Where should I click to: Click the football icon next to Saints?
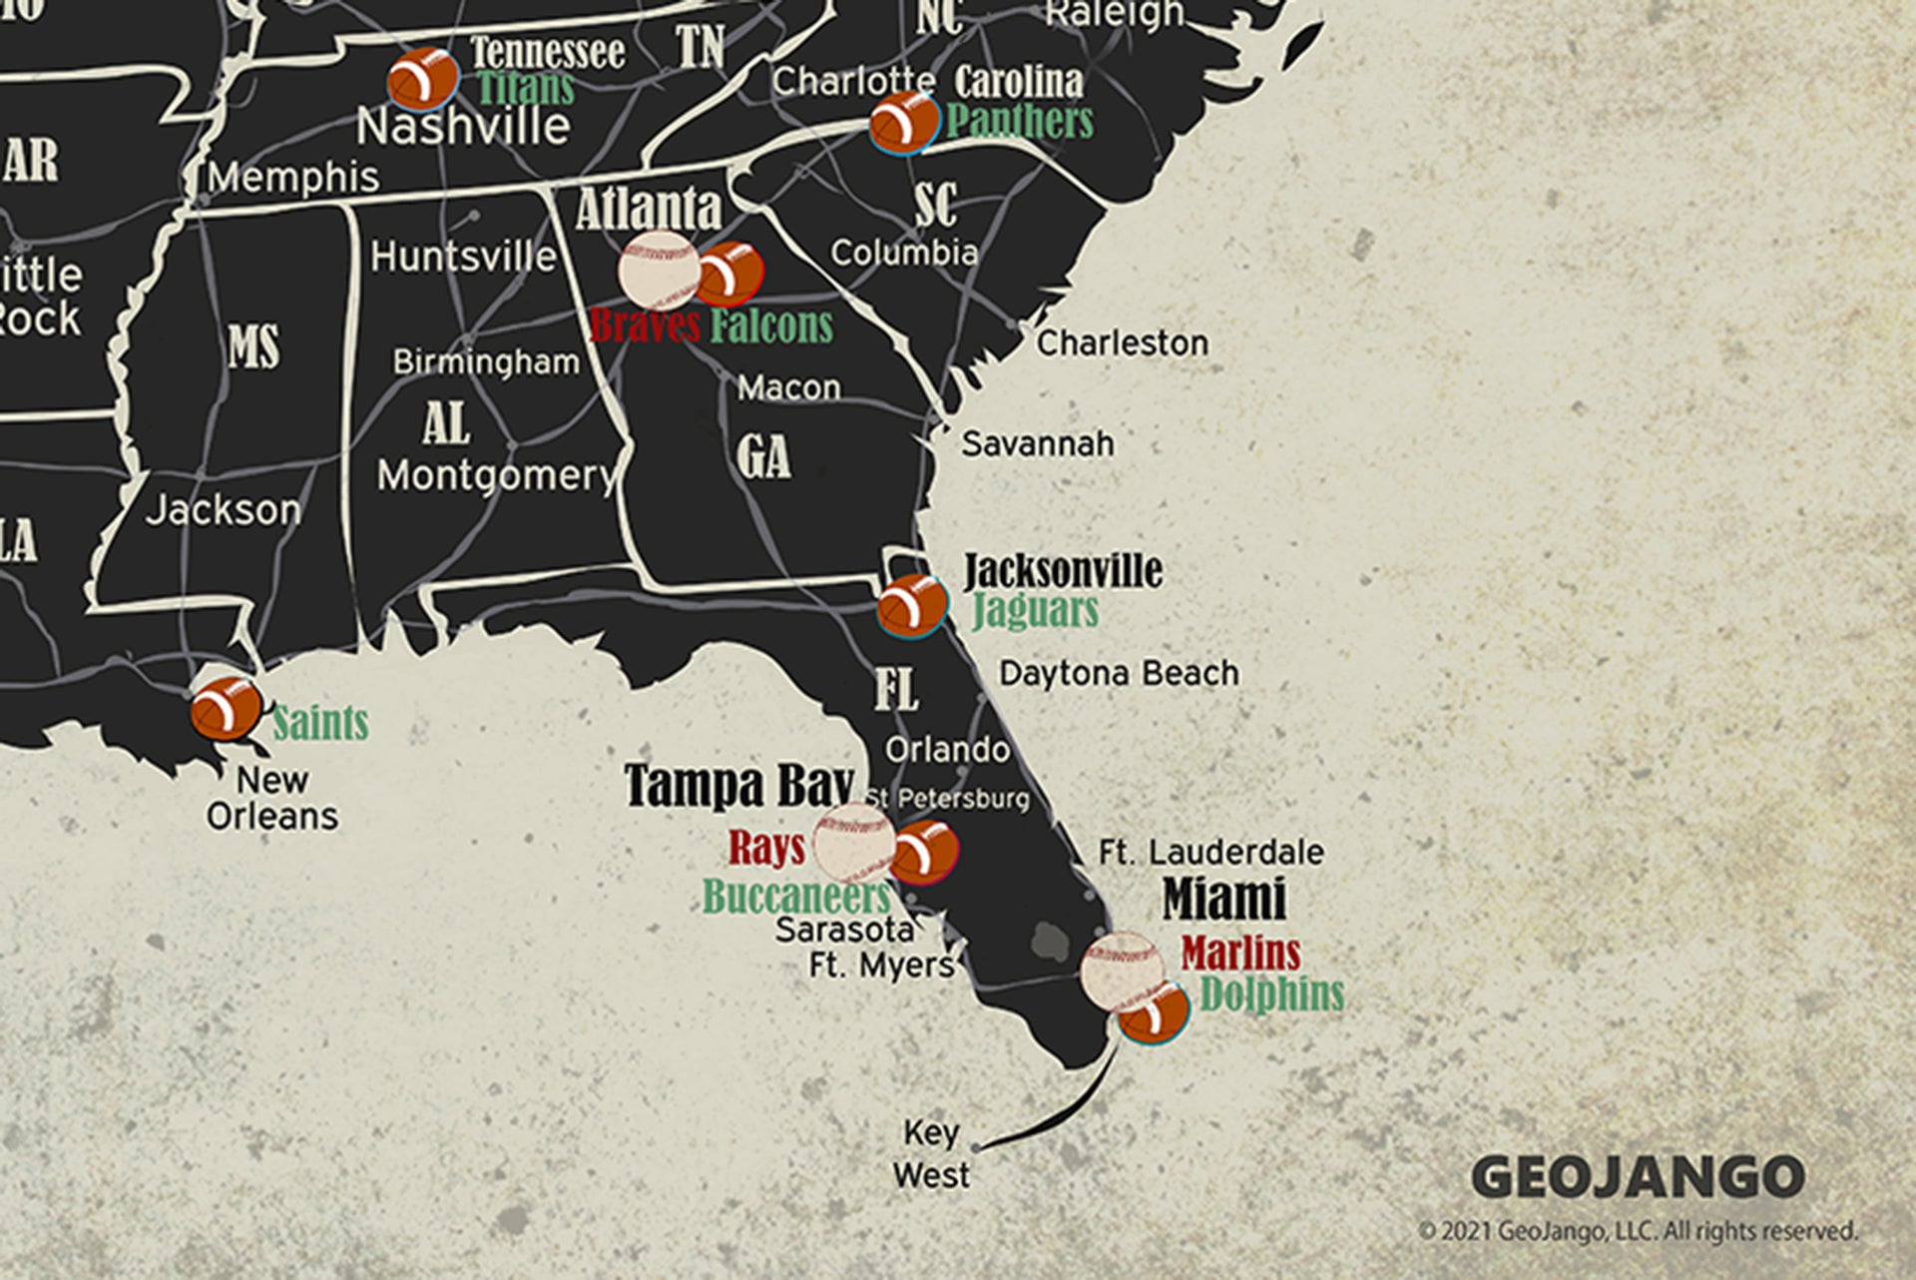pos(227,708)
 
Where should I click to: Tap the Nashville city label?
pos(463,127)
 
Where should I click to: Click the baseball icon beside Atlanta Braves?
pos(658,270)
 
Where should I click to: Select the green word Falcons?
pos(771,326)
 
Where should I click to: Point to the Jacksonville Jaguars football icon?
pos(911,605)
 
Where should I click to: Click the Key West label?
pos(931,1154)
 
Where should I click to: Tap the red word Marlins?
pos(1240,954)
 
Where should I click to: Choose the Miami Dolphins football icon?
pos(1154,1012)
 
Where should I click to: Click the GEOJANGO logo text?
pos(1638,1177)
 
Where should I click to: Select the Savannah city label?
pos(1037,443)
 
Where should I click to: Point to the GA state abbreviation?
pos(763,457)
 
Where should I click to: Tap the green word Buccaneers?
pos(795,896)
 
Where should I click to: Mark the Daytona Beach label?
pos(1119,674)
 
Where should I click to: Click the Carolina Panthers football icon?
pos(903,123)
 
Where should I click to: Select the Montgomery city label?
pos(496,475)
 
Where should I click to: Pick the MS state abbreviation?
pos(253,346)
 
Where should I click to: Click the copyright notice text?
pos(1638,1231)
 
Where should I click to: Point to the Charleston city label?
pos(1122,343)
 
